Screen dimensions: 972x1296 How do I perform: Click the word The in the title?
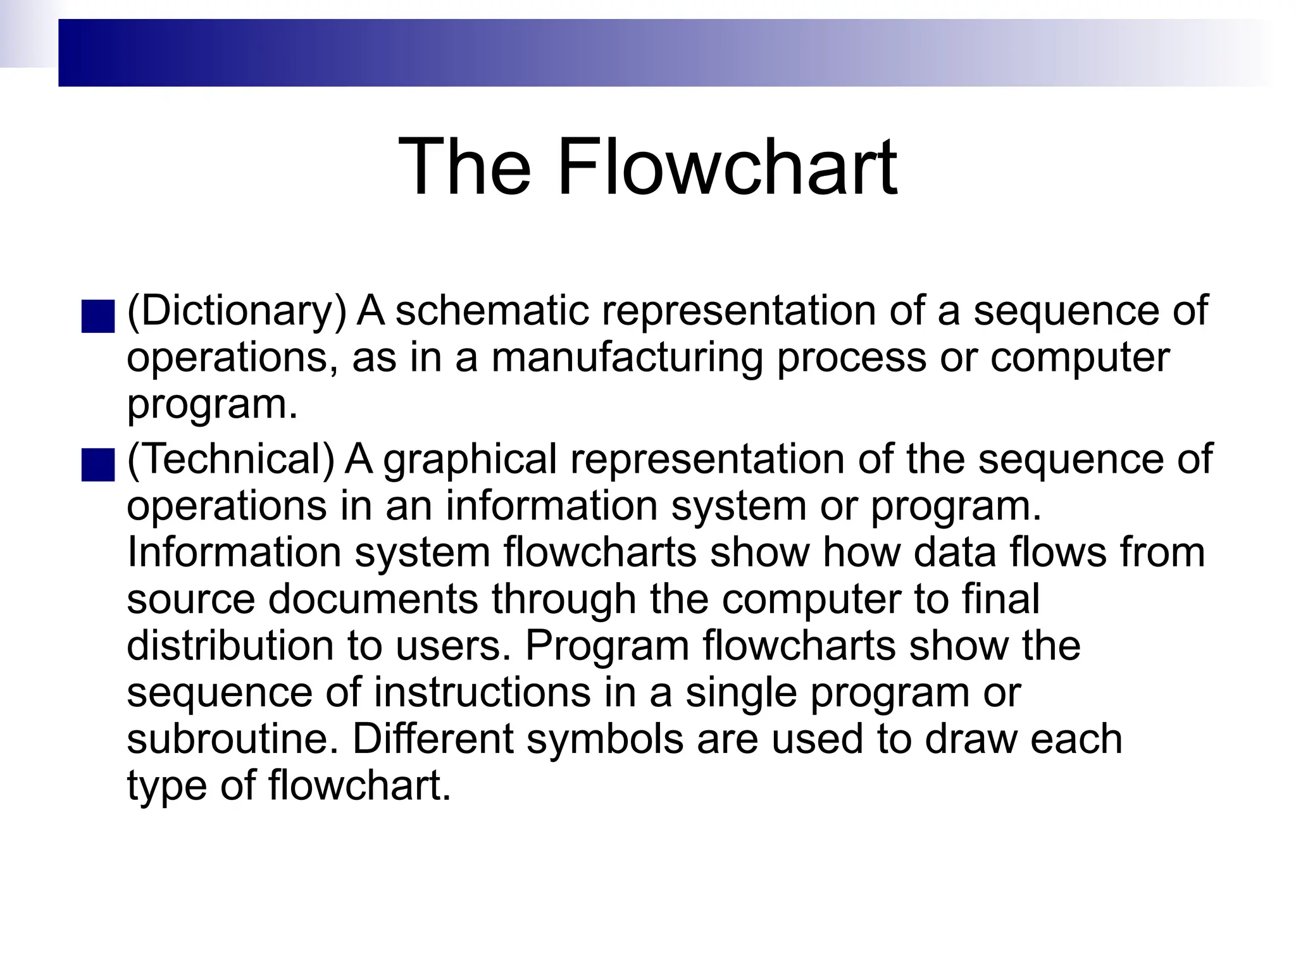pos(464,167)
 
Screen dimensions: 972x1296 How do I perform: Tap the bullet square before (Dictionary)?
pos(98,316)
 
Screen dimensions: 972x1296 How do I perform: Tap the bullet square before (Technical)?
pos(98,465)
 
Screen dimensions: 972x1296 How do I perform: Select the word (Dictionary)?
pos(237,311)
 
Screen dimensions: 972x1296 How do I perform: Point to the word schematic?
pos(492,311)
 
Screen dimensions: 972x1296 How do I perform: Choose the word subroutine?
pos(234,739)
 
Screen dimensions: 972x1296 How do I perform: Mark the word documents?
pos(373,599)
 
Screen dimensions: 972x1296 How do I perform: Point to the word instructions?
pos(482,692)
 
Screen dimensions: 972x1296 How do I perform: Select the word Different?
pos(433,739)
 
